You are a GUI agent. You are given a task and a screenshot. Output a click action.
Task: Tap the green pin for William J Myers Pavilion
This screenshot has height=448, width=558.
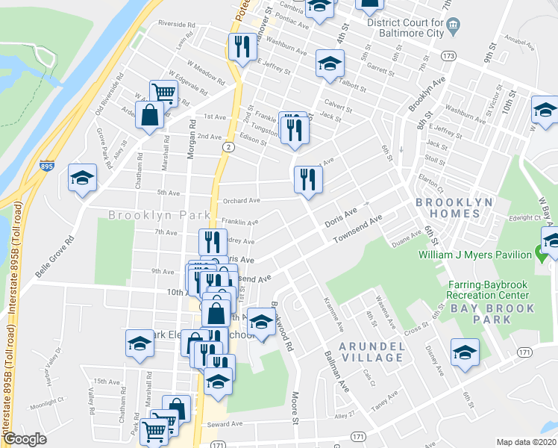click(x=542, y=253)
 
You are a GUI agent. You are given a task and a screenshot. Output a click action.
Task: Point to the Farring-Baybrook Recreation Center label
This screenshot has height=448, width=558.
click(x=491, y=290)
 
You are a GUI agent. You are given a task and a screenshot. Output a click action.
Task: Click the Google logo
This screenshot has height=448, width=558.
click(x=25, y=439)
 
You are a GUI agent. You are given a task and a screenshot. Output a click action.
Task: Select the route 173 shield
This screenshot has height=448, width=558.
click(x=448, y=56)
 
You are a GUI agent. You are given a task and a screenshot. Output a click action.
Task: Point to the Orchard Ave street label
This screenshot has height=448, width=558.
click(x=242, y=200)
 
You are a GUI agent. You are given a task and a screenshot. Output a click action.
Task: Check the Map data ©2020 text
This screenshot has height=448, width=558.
click(x=527, y=442)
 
